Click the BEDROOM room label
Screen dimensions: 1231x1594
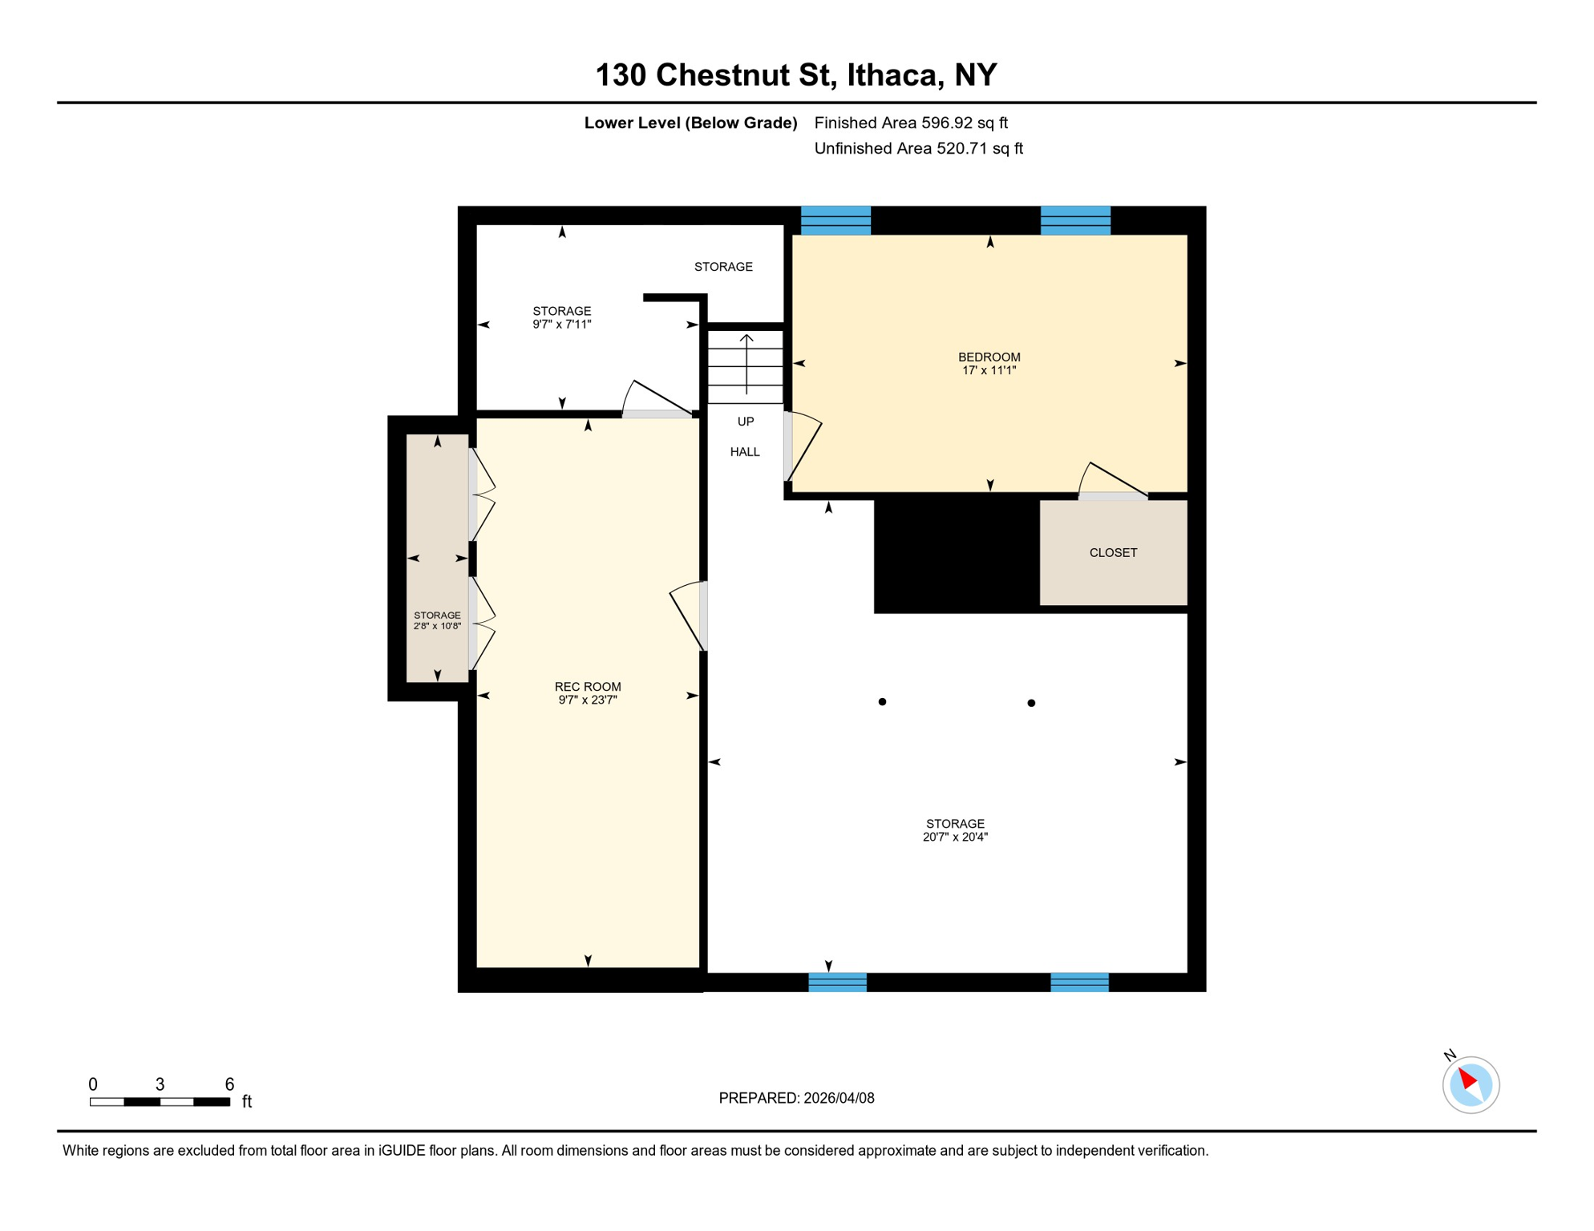coord(989,357)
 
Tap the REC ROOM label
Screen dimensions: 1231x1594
coord(588,686)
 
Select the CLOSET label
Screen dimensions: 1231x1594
coord(1113,552)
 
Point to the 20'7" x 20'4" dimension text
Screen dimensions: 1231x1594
coord(955,837)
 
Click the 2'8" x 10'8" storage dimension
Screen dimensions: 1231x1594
coord(437,626)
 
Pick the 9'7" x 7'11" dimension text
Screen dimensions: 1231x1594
coord(561,325)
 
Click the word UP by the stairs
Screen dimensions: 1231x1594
coord(746,422)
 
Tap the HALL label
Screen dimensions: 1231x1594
coord(745,452)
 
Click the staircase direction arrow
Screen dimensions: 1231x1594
coord(746,364)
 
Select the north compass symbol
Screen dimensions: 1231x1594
coord(1471,1084)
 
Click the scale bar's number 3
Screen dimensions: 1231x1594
coord(160,1084)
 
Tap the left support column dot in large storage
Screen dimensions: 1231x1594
coord(882,702)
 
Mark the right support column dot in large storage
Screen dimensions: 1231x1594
coord(1031,703)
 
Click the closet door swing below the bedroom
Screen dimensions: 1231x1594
coord(1111,482)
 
